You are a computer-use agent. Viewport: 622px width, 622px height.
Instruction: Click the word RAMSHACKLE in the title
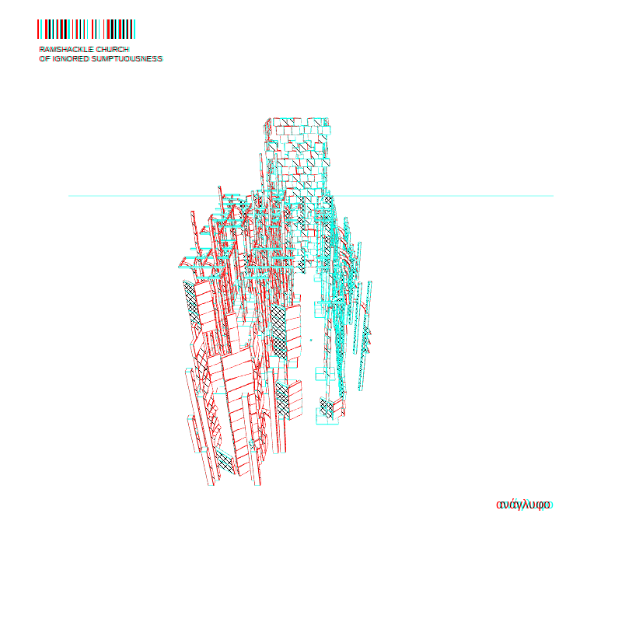click(x=67, y=49)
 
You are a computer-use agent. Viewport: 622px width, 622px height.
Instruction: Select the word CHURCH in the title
click(x=113, y=49)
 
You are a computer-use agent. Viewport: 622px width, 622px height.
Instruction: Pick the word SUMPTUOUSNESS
click(x=127, y=59)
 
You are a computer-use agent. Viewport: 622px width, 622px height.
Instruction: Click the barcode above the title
click(x=86, y=29)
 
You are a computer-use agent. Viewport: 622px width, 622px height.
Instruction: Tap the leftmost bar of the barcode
click(x=38, y=29)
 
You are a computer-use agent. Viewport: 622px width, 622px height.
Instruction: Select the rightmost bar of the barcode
click(x=135, y=29)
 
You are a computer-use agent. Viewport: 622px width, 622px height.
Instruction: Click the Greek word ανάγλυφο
click(x=524, y=505)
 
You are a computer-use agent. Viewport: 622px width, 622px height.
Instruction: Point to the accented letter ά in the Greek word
click(x=514, y=505)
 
